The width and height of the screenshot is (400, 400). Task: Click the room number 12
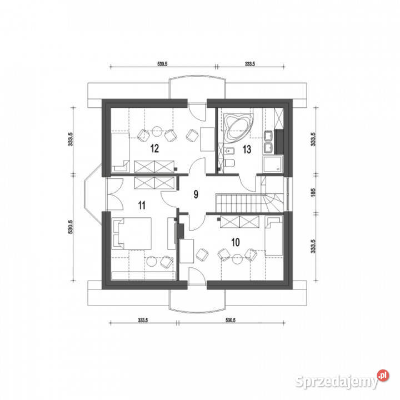point(154,148)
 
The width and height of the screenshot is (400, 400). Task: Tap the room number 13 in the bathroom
point(247,149)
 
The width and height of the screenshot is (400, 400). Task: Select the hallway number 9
point(196,194)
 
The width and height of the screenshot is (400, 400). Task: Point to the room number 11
point(142,205)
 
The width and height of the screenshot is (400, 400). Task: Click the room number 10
point(236,242)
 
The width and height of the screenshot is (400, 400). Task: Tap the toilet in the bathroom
point(230,163)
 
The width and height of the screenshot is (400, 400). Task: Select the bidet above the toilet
point(229,152)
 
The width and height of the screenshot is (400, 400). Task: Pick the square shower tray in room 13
point(273,164)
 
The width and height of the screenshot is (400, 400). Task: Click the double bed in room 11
point(132,233)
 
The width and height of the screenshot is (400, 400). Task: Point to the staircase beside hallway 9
point(249,203)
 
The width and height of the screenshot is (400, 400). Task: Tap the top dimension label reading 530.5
point(162,64)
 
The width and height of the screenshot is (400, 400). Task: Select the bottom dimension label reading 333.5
point(143,320)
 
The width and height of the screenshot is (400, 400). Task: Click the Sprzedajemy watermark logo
point(342,379)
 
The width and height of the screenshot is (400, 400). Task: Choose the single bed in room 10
point(274,236)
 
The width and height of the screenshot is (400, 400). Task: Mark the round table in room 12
point(157,131)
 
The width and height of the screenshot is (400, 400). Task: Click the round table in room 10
point(237,259)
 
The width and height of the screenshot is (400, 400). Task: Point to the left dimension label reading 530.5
point(71,227)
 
